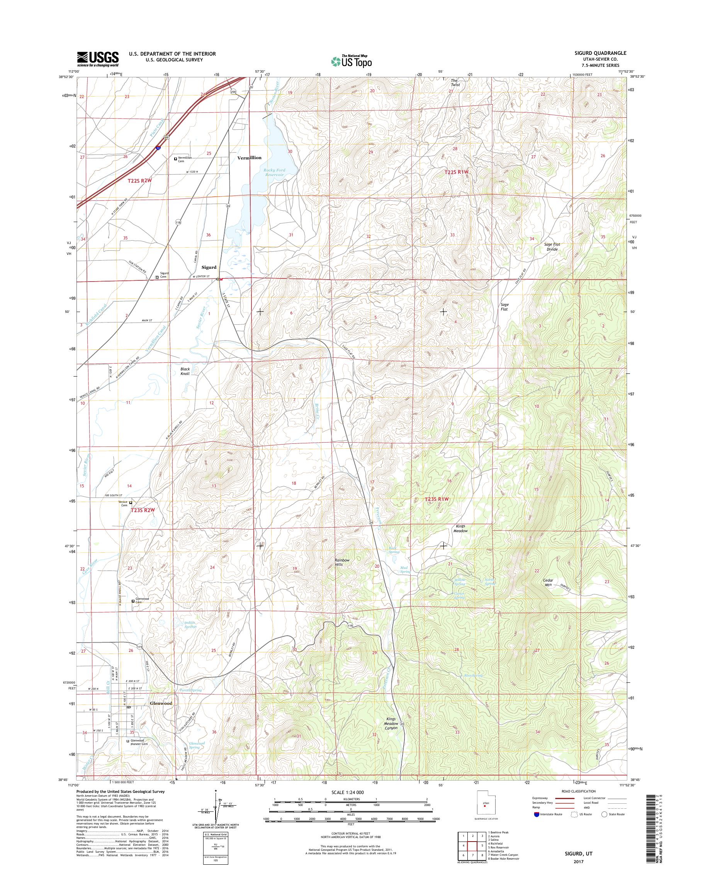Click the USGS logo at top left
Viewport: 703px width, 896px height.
(98, 59)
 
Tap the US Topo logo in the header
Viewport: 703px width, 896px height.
(351, 61)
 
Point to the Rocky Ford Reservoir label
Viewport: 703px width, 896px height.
(275, 173)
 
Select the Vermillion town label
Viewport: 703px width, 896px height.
(249, 158)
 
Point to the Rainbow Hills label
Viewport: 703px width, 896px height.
(342, 563)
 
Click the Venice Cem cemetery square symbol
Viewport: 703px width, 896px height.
(131, 502)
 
